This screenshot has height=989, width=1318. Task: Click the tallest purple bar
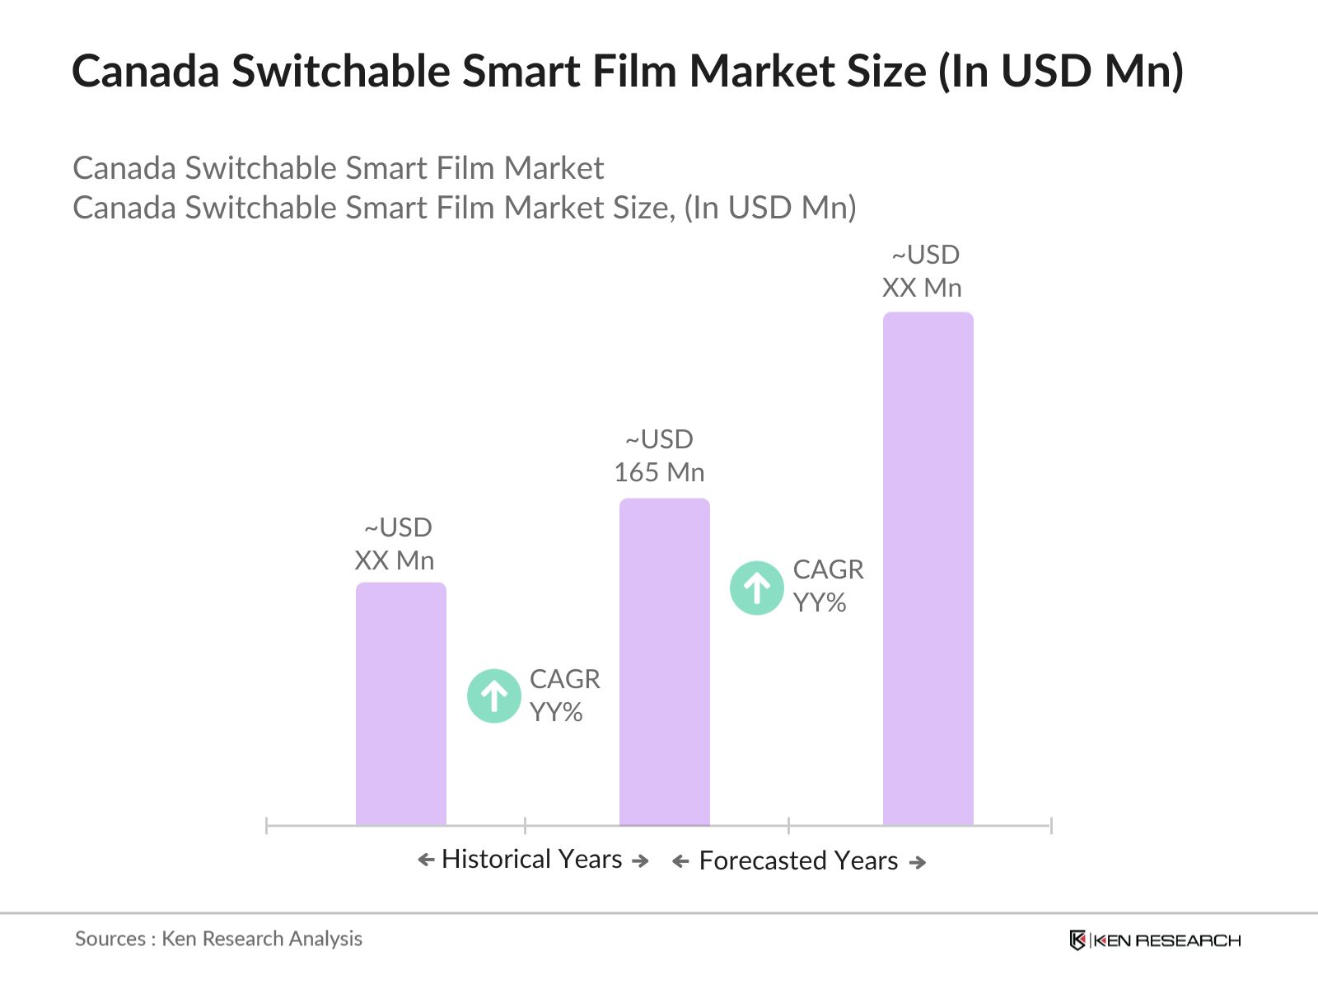point(928,569)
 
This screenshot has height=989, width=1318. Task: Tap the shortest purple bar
point(400,704)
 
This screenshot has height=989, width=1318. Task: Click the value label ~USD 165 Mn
point(659,456)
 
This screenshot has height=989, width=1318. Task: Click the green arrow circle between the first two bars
point(493,696)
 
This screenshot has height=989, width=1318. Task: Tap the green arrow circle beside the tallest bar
point(756,588)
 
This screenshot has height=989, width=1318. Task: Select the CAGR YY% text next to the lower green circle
point(564,696)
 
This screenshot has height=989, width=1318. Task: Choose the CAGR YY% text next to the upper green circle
point(828,586)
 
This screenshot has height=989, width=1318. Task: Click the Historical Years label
point(532,860)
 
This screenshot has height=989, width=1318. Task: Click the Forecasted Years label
point(798,861)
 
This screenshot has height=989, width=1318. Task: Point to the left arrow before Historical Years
point(426,860)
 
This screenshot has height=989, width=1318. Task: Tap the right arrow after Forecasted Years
point(918,862)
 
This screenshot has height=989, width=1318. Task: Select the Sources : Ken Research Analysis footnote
point(218,939)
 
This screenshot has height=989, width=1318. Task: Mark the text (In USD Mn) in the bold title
point(1060,71)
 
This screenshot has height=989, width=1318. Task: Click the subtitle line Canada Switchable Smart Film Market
point(338,168)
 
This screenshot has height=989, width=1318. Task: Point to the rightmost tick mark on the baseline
point(1051,825)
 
